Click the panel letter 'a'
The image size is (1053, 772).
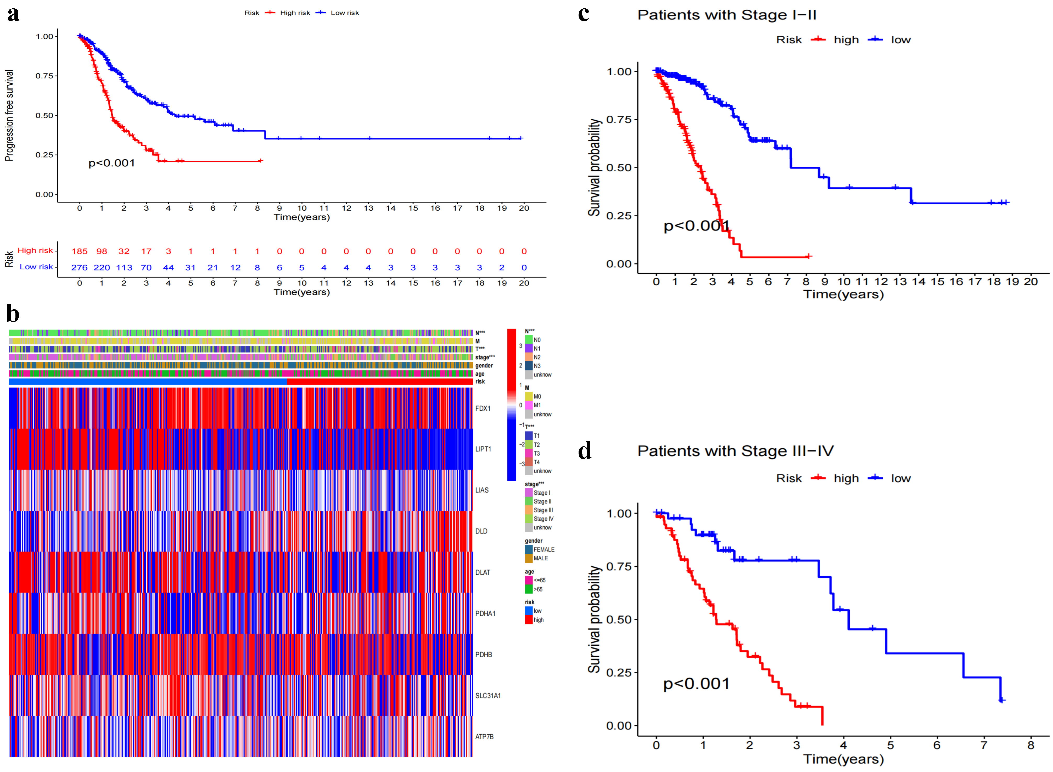coord(13,14)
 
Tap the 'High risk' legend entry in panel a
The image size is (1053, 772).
coord(294,13)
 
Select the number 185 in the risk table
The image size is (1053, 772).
coord(80,251)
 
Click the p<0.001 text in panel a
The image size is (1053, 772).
coord(112,163)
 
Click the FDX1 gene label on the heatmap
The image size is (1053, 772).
coord(483,408)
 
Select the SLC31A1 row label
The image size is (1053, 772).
coord(488,696)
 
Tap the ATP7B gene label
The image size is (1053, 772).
coord(484,737)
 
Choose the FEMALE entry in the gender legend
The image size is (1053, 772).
coord(544,550)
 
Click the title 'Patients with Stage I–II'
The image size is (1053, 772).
coord(727,15)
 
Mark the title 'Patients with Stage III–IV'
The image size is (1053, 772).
coord(735,451)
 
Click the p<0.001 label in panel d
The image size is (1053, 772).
coord(696,684)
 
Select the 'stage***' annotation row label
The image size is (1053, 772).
coord(485,358)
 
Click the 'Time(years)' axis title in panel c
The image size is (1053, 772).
coord(843,294)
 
